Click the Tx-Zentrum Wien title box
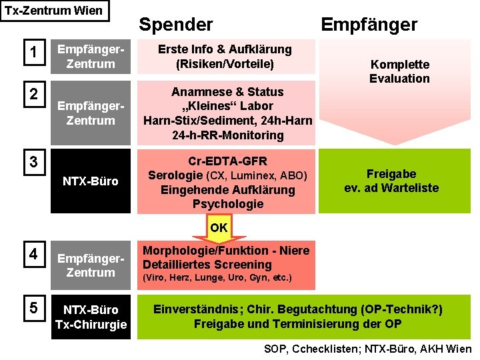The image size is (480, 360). coord(54,11)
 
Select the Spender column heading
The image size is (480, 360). coord(175,25)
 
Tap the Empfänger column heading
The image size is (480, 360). coord(369,25)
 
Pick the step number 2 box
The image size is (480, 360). coord(33,94)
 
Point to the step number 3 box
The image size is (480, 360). coord(33,161)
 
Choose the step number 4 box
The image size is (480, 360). coord(33,254)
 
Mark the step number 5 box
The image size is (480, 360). coord(33,309)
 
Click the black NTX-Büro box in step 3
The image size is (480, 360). coord(91,181)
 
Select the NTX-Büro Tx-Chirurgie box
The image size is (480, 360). coord(91,317)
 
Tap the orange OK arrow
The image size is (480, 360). coord(219,228)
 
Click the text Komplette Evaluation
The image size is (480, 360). coord(399,71)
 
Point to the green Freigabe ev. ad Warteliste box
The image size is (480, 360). coord(391,181)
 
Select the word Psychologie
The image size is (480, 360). coord(227,204)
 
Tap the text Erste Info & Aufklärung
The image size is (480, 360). coord(225,49)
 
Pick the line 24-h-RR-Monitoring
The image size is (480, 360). coord(227,135)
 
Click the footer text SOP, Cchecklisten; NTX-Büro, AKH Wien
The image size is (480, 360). coord(367,349)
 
